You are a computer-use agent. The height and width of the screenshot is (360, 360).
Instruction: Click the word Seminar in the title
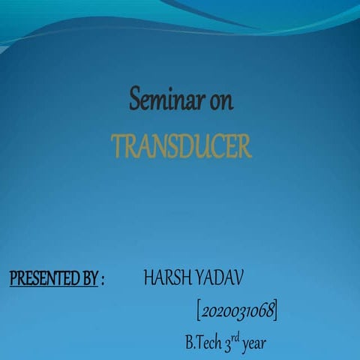[x=166, y=100]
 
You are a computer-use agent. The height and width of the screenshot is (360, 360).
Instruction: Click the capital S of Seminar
[x=136, y=99]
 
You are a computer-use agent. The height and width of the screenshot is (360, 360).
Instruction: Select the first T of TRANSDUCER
[x=118, y=147]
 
